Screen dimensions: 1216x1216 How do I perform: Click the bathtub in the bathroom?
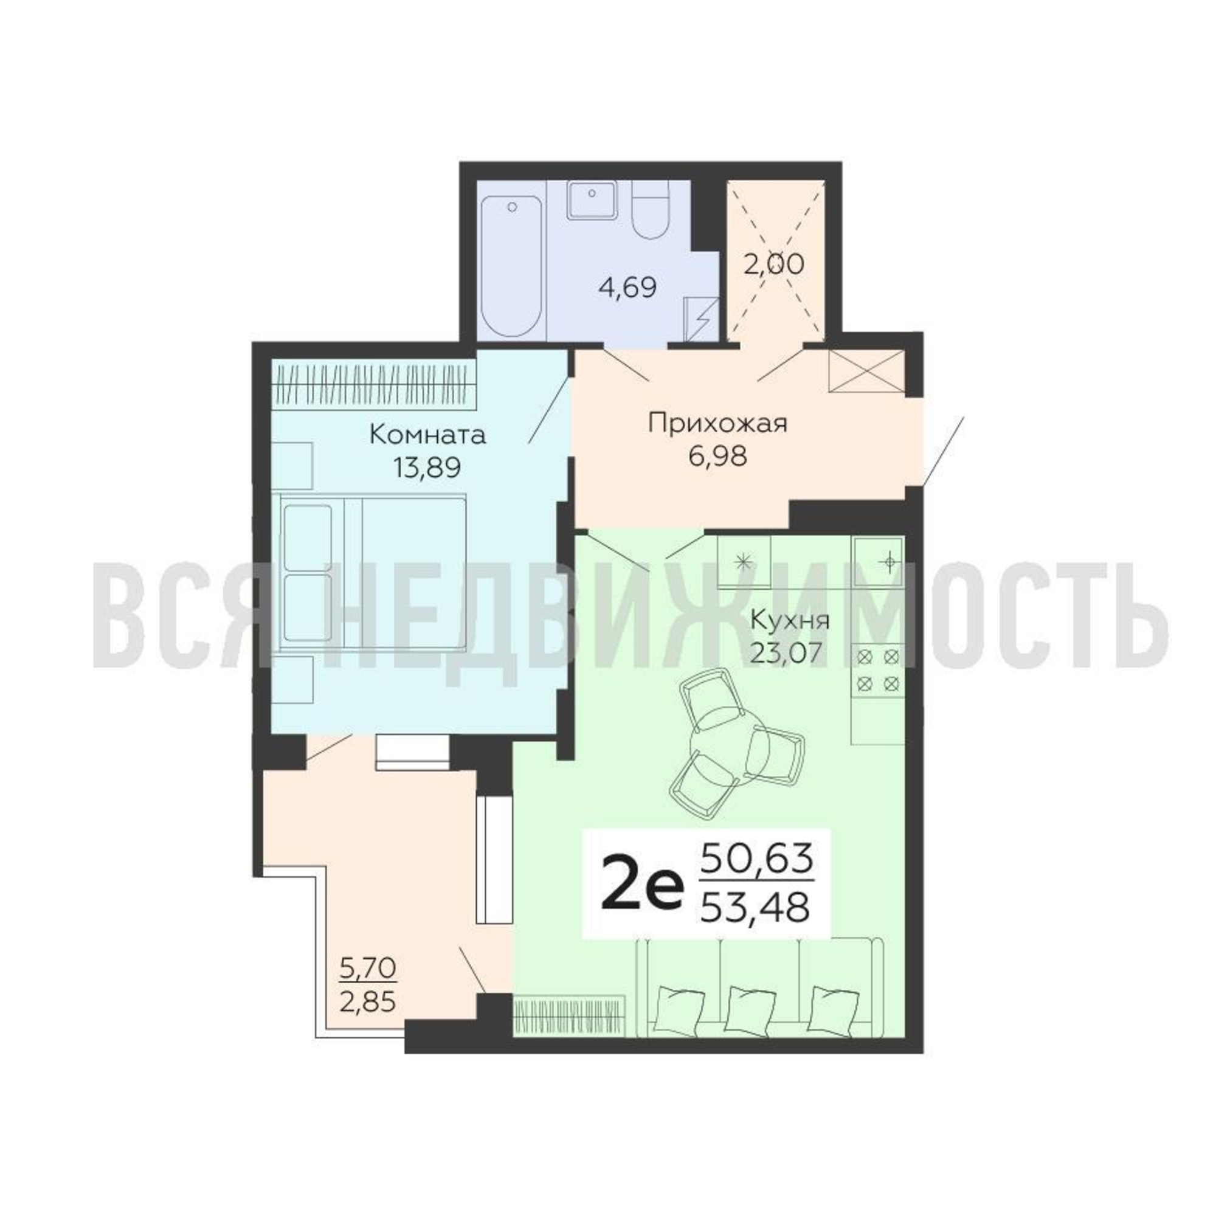click(x=512, y=266)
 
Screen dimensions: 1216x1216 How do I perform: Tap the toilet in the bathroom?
click(x=654, y=210)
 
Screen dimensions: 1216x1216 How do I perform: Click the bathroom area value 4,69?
click(x=627, y=288)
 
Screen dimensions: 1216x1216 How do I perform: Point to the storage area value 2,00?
click(x=773, y=264)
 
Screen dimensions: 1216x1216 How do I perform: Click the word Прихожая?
click(x=718, y=424)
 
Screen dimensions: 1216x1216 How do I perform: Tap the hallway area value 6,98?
click(x=718, y=455)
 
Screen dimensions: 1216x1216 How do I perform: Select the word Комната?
click(x=427, y=435)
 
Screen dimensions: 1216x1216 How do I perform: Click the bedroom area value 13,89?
click(x=427, y=467)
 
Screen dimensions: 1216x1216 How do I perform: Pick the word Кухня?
click(x=791, y=621)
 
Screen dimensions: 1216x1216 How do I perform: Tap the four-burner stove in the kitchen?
click(x=878, y=670)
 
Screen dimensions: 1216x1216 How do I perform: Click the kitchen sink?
click(x=878, y=561)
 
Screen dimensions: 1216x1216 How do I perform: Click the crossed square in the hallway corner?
click(x=866, y=371)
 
